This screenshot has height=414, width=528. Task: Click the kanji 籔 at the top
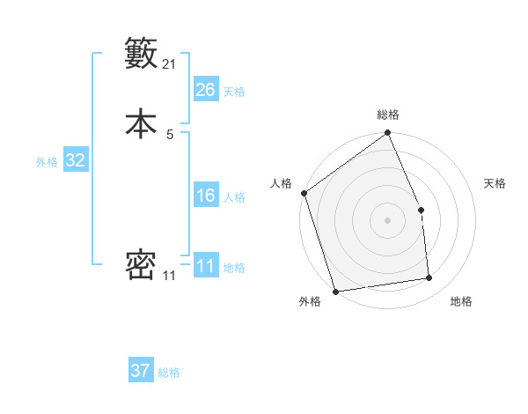pos(141,53)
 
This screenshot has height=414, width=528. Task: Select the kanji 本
pos(141,123)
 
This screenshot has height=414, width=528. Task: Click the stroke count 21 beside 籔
pos(170,64)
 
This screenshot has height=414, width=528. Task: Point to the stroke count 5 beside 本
pos(170,134)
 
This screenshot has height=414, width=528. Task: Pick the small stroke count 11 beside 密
pos(169,276)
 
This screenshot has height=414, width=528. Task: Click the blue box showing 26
pos(206,90)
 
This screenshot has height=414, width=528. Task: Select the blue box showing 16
pos(206,196)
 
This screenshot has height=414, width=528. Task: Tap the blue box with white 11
pos(206,266)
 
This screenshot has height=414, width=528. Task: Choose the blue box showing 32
pos(75,160)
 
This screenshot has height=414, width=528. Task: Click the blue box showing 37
pos(141,371)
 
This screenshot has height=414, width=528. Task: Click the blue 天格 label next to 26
pos(234,91)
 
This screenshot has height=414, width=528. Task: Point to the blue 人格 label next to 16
pos(234,196)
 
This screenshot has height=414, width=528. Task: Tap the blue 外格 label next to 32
pos(47,161)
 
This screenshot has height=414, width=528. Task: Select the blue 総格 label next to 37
pos(169,373)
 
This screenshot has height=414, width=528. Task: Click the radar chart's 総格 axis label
pos(388,115)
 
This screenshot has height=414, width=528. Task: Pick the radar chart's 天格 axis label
pos(495,183)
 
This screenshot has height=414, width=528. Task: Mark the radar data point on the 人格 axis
pos(304,193)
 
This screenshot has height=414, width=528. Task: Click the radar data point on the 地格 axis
pos(429,278)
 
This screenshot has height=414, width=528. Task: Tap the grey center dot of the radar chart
pos(388,220)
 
